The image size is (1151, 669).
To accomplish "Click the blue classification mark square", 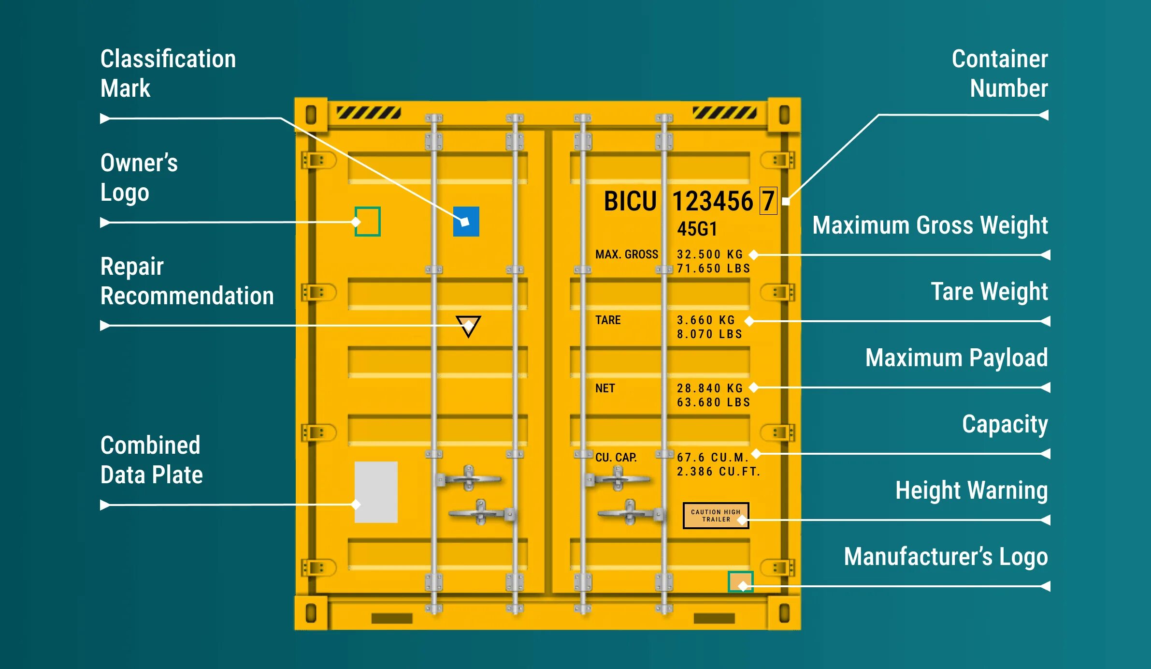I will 466,222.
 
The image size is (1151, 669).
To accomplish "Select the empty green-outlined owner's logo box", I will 368,222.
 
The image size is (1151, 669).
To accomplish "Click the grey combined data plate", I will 376,492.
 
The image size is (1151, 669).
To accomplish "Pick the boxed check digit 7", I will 768,201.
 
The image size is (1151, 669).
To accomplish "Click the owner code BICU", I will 630,201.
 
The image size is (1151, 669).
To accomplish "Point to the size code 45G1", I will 697,229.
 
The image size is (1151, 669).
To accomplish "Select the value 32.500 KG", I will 709,254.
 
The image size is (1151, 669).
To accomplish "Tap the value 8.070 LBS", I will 709,334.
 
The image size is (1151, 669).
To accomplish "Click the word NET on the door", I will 605,388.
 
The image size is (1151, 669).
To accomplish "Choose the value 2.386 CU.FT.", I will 718,472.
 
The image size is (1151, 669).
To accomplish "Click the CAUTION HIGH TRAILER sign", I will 716,516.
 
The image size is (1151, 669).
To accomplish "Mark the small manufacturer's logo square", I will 740,581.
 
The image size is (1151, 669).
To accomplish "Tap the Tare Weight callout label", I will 989,292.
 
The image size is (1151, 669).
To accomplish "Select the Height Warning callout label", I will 971,491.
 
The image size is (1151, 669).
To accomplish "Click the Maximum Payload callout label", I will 956,358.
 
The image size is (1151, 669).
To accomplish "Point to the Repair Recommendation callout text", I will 187,281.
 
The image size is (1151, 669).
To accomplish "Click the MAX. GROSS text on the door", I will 627,254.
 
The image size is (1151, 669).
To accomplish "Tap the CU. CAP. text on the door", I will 616,458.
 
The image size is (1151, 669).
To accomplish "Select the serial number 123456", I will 713,201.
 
